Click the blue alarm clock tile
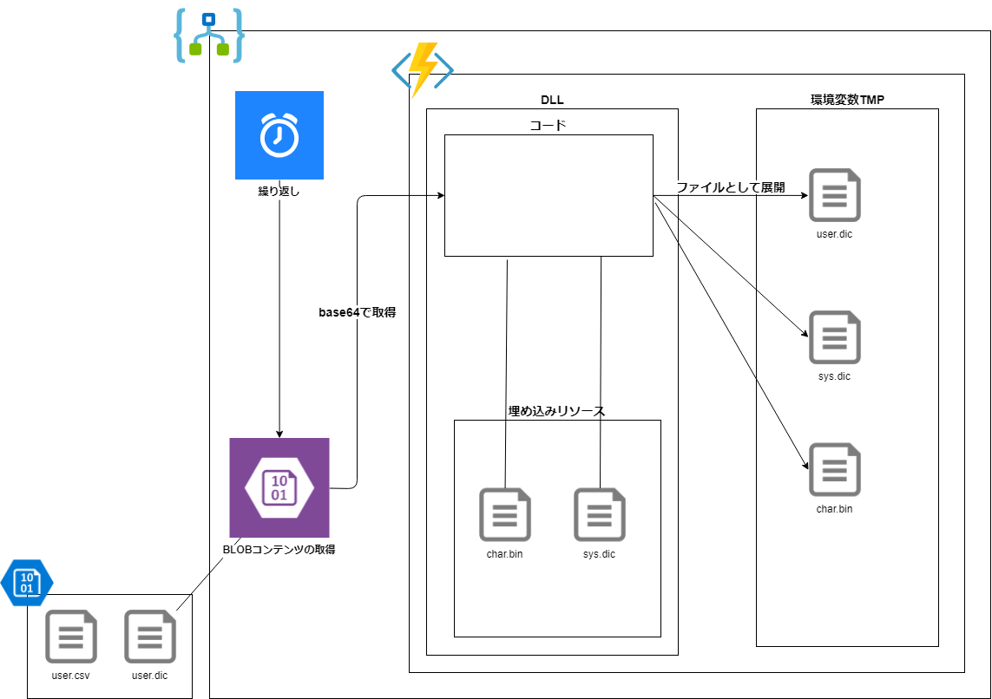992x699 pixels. [x=279, y=135]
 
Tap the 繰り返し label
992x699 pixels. [x=279, y=193]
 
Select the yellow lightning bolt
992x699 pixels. [x=423, y=69]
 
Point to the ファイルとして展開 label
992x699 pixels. [x=730, y=187]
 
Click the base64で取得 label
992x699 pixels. [x=357, y=312]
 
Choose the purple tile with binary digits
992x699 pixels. [x=279, y=487]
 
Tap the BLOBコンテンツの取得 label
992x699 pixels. [x=279, y=550]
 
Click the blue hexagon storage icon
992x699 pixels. [x=27, y=582]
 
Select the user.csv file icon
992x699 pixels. [x=71, y=637]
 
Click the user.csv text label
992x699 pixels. [x=71, y=676]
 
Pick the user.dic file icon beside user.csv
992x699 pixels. [x=150, y=637]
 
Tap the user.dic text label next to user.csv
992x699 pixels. [x=150, y=676]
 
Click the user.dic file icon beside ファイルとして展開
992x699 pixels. [x=835, y=195]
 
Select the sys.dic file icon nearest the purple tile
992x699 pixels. [x=600, y=514]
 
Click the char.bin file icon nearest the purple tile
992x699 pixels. [x=505, y=514]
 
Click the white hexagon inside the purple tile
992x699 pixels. [x=279, y=487]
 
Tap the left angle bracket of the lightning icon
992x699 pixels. [x=400, y=70]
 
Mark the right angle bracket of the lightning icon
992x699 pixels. [x=445, y=70]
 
